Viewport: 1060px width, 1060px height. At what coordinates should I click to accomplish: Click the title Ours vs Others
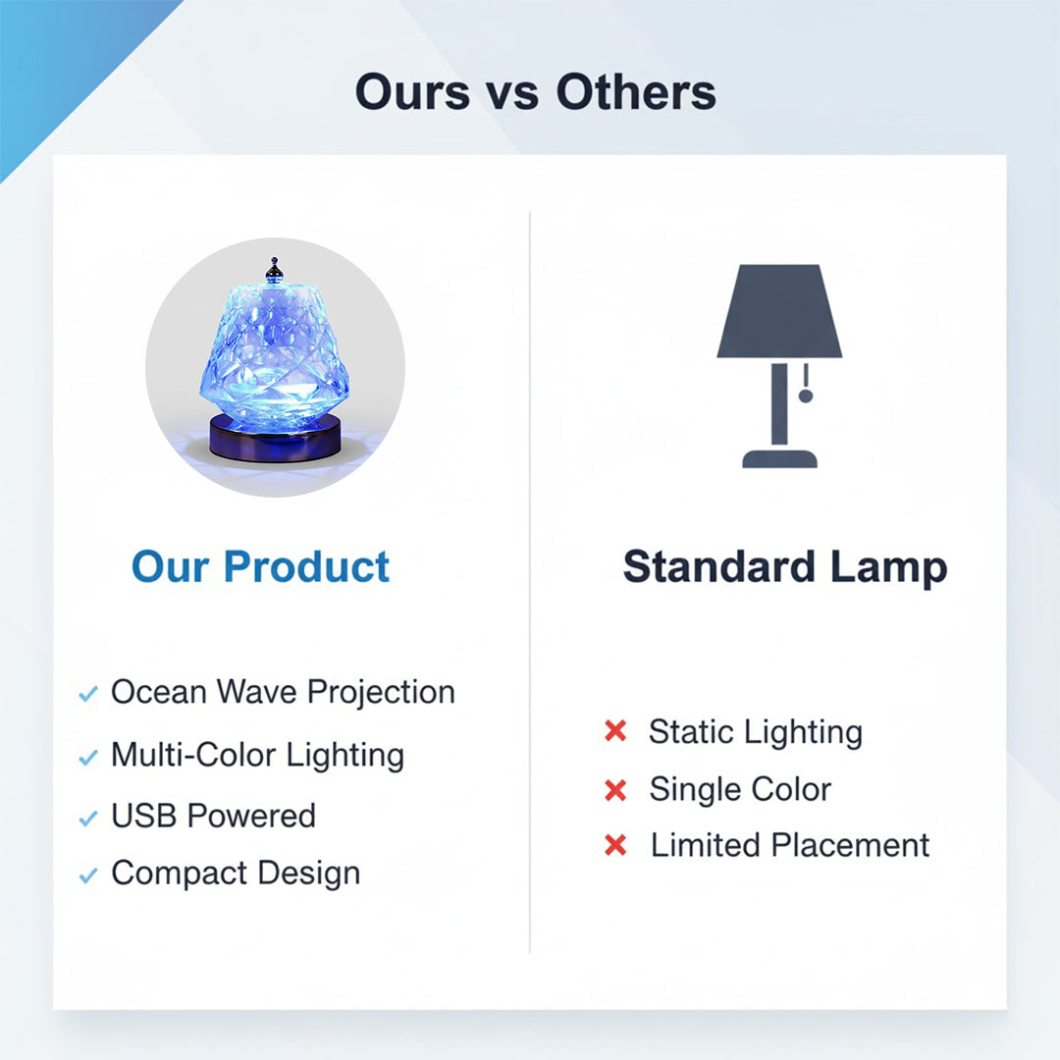[x=535, y=92]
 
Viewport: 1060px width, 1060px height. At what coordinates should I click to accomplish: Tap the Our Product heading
[x=260, y=567]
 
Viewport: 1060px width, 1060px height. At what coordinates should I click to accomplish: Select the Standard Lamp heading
[x=784, y=567]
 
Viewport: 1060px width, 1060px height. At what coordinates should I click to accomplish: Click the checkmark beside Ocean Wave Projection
[x=88, y=694]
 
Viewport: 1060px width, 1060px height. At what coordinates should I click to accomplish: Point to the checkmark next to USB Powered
[x=88, y=818]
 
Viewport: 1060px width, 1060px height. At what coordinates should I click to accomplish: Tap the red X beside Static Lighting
[x=615, y=731]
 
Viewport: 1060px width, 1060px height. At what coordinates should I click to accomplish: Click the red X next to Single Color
[x=615, y=789]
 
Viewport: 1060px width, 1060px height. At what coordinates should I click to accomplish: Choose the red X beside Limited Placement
[x=615, y=845]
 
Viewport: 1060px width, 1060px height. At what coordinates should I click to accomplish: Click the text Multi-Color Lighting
[x=257, y=755]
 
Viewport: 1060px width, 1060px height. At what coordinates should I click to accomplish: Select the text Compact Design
[x=236, y=873]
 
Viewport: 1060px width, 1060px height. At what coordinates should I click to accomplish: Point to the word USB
[x=145, y=816]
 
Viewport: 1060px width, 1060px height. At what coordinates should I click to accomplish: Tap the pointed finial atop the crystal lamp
[x=275, y=268]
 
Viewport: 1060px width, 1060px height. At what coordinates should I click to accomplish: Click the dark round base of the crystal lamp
[x=275, y=441]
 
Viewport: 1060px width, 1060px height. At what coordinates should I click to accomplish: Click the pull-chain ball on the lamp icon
[x=805, y=396]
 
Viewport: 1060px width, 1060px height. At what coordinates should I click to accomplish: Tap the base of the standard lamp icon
[x=780, y=457]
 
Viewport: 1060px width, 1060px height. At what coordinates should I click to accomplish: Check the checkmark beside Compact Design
[x=88, y=875]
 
